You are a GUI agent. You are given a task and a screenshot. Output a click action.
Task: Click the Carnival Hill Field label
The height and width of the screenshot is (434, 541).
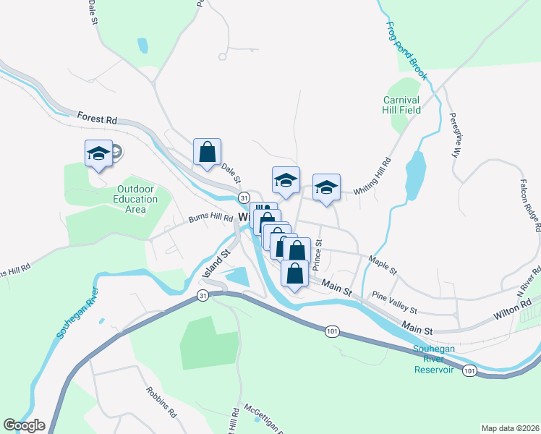tap(401, 105)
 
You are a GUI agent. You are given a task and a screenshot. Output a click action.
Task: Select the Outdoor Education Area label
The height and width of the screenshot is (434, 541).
tap(137, 199)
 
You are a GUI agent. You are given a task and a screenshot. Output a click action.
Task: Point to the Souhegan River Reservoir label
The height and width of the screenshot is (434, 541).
tap(434, 359)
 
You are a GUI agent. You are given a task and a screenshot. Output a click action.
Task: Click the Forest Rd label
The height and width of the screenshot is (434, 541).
tap(97, 116)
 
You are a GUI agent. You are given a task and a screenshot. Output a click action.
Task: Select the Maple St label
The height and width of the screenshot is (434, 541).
tap(383, 265)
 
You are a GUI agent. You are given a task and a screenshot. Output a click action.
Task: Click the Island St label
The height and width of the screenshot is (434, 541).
tap(216, 264)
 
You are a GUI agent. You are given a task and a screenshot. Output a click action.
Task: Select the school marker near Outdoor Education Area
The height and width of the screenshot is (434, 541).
tap(98, 154)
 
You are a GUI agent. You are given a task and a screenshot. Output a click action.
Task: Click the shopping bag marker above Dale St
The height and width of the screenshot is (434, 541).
tap(207, 153)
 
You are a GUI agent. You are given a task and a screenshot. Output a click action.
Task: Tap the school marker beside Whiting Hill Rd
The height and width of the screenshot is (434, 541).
tap(326, 188)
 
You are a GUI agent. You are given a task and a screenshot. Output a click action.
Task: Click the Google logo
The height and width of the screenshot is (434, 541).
tap(24, 425)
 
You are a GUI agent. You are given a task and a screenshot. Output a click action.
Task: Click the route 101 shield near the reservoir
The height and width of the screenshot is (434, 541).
tap(470, 371)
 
